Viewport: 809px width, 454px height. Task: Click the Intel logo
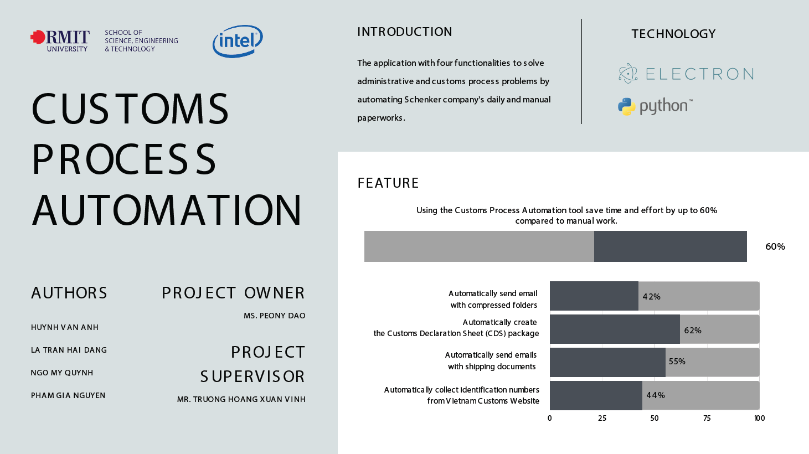click(x=238, y=41)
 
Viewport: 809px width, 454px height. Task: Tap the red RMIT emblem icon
click(x=38, y=37)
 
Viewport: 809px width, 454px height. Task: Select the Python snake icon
click(x=627, y=106)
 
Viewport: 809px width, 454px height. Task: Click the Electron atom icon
click(x=628, y=73)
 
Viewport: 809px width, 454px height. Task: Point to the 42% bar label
click(x=651, y=297)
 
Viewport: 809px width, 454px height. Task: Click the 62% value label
click(x=693, y=330)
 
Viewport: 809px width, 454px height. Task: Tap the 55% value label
click(x=677, y=361)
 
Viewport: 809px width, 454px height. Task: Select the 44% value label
click(x=656, y=395)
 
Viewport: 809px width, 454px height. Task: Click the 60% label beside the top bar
click(x=775, y=246)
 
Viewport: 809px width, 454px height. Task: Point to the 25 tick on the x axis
click(x=602, y=418)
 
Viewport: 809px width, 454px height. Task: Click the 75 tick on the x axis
click(x=707, y=418)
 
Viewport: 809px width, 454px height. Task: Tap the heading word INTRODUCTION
click(x=404, y=32)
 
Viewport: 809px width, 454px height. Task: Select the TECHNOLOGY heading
click(x=673, y=34)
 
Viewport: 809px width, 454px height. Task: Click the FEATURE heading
click(x=388, y=183)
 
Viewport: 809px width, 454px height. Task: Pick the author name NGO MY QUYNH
click(x=62, y=373)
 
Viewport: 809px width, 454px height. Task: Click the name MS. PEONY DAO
click(x=275, y=316)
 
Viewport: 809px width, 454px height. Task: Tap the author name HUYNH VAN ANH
click(x=65, y=327)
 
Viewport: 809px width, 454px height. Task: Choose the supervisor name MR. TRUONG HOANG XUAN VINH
click(x=241, y=399)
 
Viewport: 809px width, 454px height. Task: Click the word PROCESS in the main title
click(x=124, y=159)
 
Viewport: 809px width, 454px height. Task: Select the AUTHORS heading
click(x=69, y=293)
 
